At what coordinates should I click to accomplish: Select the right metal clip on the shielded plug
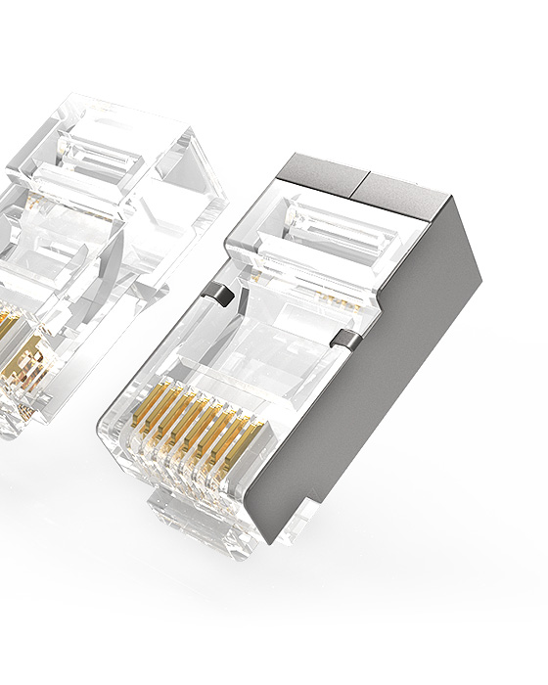point(342,339)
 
